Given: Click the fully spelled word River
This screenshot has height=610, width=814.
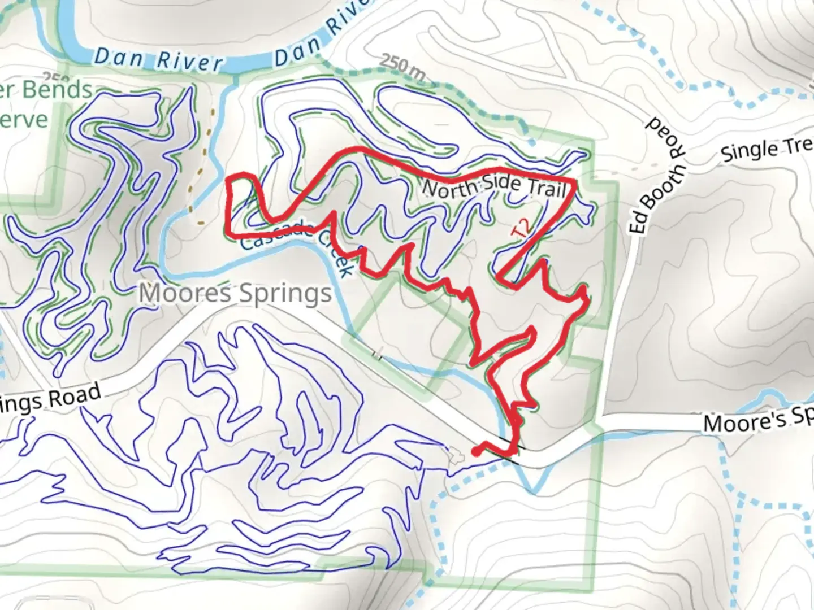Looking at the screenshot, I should [189, 62].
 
